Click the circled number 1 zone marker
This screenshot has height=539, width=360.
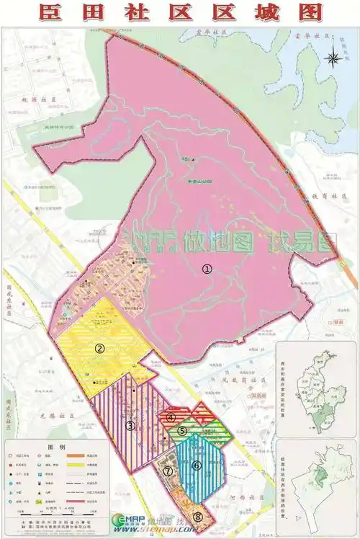[207, 268]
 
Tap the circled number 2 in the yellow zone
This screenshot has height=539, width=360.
[99, 349]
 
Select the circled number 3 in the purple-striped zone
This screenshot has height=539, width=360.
[130, 425]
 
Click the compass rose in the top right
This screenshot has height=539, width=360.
[333, 59]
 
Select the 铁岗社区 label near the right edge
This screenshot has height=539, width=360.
[325, 196]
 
